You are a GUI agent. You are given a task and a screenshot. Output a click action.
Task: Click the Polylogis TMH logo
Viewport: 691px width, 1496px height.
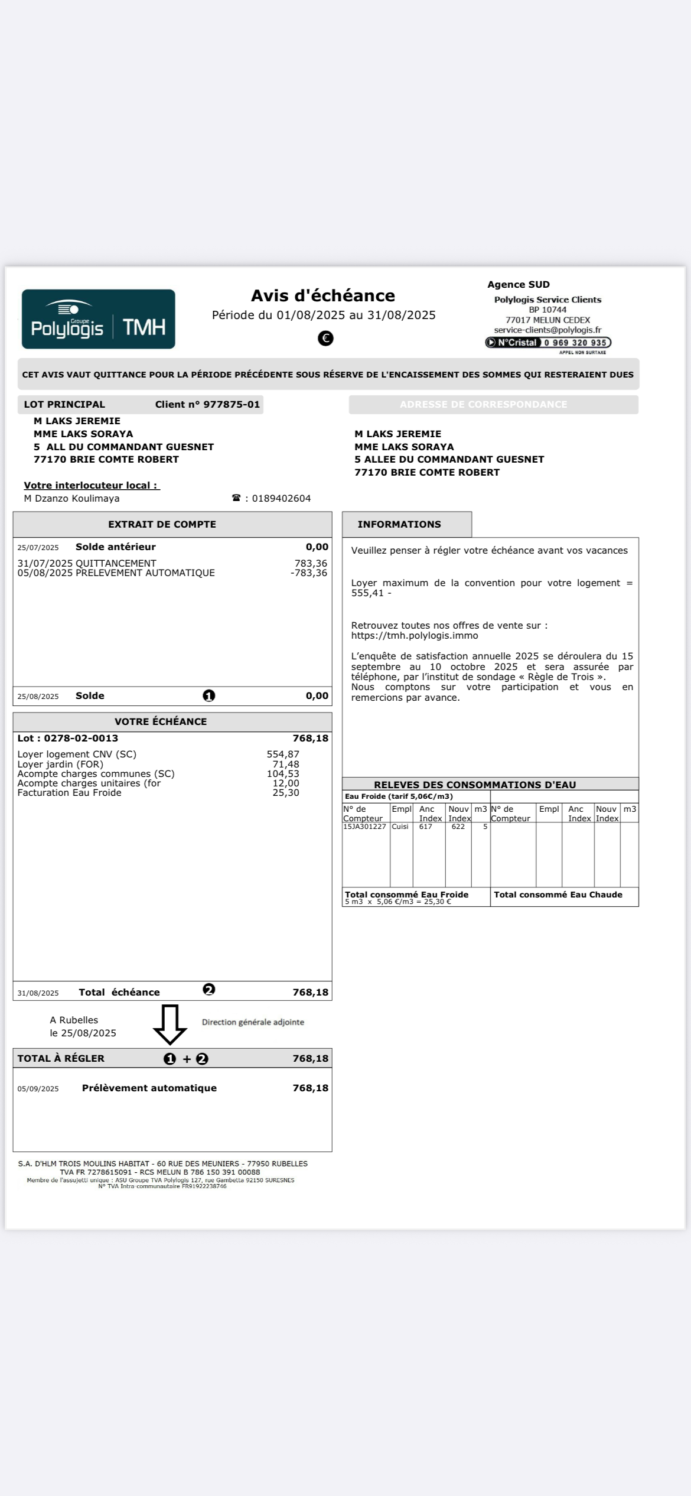point(99,319)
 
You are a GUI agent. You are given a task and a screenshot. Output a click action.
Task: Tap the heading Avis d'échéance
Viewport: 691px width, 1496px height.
point(323,295)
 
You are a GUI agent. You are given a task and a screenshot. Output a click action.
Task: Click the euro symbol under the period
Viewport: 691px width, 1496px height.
point(325,338)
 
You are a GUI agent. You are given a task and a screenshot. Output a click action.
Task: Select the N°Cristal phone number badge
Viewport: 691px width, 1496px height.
point(548,343)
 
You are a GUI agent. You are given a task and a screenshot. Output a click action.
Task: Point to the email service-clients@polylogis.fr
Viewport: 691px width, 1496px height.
point(547,330)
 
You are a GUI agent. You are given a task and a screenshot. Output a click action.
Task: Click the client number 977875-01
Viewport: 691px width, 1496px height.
point(231,405)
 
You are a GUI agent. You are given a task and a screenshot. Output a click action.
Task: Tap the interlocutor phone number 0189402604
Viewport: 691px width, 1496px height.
point(281,499)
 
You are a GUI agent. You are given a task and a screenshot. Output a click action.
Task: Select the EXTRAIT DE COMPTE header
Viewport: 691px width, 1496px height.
point(162,525)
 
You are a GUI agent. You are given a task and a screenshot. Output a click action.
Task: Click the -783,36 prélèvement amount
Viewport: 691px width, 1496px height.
point(309,573)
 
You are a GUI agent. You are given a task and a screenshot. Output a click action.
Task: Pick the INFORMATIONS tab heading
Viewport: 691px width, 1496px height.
point(399,525)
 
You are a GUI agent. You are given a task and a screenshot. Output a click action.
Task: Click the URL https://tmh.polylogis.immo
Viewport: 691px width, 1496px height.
point(415,636)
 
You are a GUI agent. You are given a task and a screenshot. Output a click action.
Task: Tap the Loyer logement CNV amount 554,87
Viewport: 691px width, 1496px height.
point(283,754)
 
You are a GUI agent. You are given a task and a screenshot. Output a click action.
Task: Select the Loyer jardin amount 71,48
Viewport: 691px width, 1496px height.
point(286,765)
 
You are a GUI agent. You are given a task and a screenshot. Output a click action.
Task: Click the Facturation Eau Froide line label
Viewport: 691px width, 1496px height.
point(69,793)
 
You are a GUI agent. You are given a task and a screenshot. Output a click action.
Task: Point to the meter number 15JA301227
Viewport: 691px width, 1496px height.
point(364,827)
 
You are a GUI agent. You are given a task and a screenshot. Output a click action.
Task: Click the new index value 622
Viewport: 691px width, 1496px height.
point(458,827)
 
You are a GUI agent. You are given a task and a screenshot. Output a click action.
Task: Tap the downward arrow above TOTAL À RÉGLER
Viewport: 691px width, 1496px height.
point(170,1024)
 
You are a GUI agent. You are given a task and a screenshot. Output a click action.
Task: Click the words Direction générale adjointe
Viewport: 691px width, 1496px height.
point(253,1022)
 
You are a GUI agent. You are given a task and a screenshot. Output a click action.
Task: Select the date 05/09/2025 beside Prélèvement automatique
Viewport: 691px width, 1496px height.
point(38,1089)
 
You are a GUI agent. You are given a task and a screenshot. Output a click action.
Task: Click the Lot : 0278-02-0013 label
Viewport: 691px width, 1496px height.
point(68,739)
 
